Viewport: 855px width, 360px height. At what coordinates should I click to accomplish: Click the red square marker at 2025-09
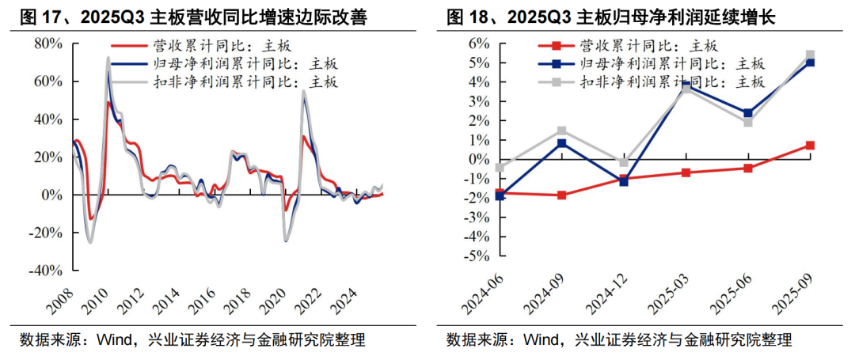coord(810,146)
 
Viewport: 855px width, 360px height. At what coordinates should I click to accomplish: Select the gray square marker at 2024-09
coord(561,131)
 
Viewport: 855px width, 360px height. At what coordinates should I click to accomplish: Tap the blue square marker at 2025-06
coord(748,113)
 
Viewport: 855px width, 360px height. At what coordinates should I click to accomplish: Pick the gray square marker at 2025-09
coord(810,55)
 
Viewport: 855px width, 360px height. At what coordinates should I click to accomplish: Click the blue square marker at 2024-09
coord(561,143)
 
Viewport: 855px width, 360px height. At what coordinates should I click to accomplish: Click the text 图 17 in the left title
coord(33,15)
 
